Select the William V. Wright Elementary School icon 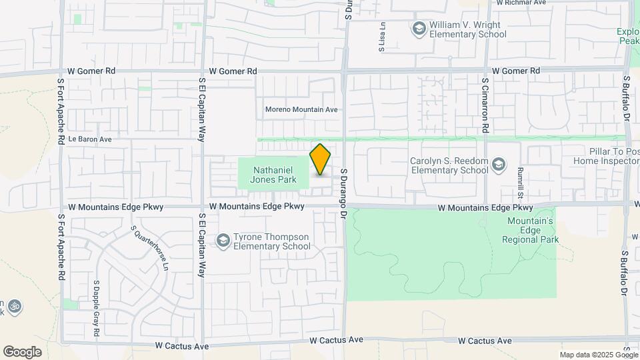(x=419, y=28)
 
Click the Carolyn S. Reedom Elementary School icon (x=498, y=164)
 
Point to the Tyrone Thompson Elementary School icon (x=223, y=240)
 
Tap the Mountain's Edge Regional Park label (x=530, y=230)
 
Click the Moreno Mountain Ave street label (x=301, y=109)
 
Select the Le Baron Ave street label (x=89, y=139)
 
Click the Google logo (x=22, y=351)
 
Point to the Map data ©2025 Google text (x=599, y=355)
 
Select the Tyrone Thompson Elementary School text (x=271, y=241)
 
